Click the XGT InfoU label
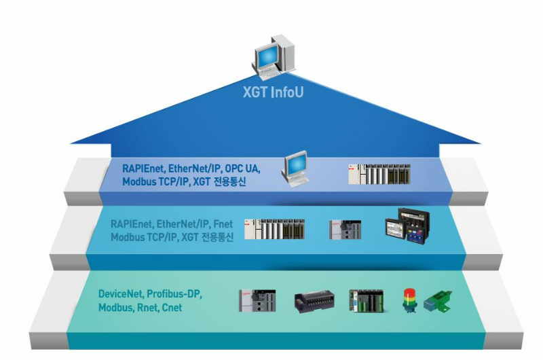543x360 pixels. coord(272,91)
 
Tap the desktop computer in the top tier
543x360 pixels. coord(293,169)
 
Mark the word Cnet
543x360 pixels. coord(174,308)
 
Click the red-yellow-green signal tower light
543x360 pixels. coord(409,300)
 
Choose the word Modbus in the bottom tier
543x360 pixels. coord(116,308)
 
